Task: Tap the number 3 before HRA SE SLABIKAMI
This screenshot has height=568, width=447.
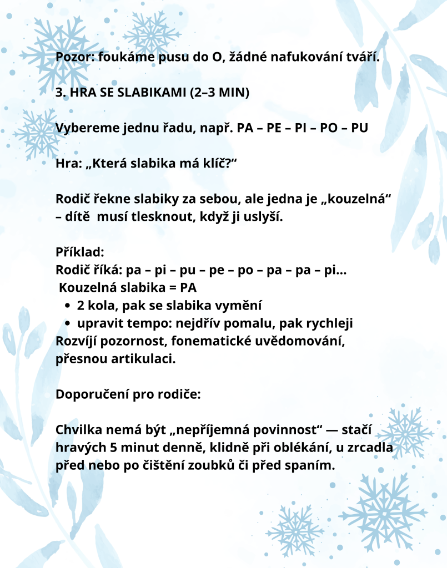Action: tap(59, 93)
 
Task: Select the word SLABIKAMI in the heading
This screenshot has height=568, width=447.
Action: tap(144, 93)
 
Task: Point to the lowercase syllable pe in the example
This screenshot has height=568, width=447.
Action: tap(217, 270)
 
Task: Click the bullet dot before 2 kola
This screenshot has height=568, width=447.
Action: tap(67, 306)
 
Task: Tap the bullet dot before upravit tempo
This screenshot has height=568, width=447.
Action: tap(67, 323)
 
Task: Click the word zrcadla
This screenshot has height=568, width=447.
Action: tap(373, 448)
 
